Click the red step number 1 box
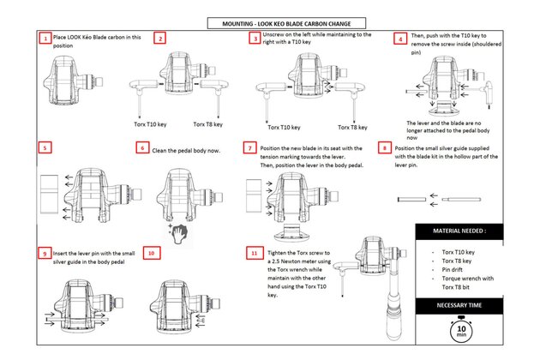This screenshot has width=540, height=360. click(45, 38)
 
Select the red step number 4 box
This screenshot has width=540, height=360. click(400, 39)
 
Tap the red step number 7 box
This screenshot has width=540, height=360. click(249, 147)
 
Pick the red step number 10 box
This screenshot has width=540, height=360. click(152, 253)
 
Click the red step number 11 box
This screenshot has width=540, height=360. click(255, 253)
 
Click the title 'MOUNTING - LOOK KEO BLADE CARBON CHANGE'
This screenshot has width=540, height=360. click(286, 23)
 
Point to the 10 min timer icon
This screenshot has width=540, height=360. click(461, 330)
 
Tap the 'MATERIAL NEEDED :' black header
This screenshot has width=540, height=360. click(459, 231)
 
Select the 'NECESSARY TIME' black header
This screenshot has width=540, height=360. click(459, 305)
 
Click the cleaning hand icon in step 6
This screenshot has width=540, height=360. click(179, 233)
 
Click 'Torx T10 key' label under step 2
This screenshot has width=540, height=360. click(150, 124)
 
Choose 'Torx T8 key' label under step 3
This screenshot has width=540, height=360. click(352, 127)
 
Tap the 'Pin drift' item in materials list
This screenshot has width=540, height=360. click(453, 270)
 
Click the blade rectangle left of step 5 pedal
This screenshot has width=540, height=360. click(49, 195)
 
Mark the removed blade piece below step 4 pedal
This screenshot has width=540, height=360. click(444, 108)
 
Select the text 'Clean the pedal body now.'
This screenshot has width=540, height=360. click(186, 151)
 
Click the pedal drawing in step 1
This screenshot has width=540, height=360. click(73, 81)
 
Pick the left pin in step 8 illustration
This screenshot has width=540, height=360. click(412, 200)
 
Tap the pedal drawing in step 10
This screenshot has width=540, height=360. click(185, 308)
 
